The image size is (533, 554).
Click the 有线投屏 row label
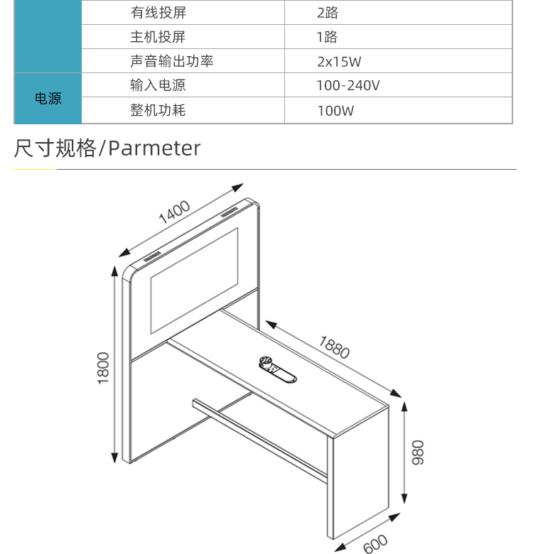click(158, 12)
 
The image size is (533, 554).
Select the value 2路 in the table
click(328, 13)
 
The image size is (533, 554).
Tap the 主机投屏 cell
click(158, 37)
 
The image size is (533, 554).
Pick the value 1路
click(327, 37)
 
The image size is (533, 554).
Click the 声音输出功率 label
click(172, 61)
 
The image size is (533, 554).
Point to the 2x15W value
click(339, 62)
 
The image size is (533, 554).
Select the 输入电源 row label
click(158, 85)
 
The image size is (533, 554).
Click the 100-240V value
click(348, 85)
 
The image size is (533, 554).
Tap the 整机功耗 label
click(158, 110)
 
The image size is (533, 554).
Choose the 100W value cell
click(335, 111)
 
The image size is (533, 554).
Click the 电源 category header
click(48, 98)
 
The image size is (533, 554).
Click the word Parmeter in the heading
click(154, 148)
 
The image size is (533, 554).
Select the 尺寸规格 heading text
click(55, 148)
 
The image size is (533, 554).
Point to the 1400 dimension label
click(174, 212)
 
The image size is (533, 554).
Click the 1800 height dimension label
click(103, 368)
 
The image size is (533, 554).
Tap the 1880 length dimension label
click(334, 347)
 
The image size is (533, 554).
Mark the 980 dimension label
click(418, 452)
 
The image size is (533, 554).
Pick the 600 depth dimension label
click(375, 544)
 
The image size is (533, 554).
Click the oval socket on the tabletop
click(277, 369)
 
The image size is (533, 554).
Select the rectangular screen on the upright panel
click(195, 281)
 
